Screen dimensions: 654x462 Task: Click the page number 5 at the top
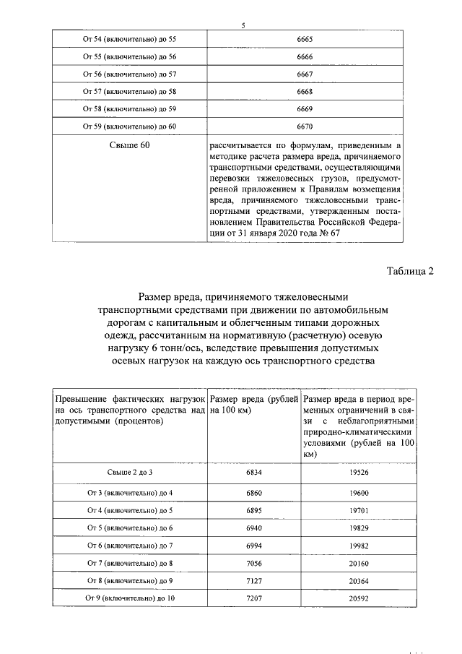coord(243,27)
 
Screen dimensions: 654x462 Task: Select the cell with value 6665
coord(305,39)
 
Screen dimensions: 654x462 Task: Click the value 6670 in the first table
coord(305,126)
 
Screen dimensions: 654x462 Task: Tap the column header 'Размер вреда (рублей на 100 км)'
coord(255,405)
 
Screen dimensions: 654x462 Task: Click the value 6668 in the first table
coord(305,91)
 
